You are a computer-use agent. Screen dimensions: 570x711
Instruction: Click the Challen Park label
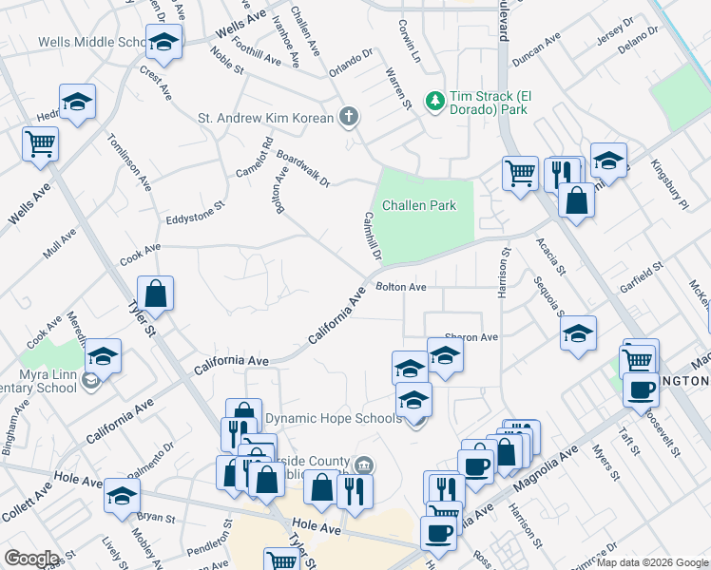418,205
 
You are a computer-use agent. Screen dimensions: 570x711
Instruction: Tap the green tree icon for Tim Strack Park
434,99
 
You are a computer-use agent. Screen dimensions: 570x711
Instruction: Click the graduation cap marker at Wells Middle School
163,43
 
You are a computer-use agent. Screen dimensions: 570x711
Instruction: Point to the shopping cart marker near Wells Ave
41,144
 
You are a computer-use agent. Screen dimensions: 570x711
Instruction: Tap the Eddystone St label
194,212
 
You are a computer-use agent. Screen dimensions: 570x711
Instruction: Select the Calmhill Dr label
371,236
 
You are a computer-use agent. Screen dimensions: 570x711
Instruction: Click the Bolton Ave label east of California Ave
400,286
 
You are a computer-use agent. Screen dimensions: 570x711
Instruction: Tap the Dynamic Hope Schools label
319,418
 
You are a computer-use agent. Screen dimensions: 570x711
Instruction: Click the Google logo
31,559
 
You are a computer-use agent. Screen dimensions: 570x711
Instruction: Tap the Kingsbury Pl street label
668,181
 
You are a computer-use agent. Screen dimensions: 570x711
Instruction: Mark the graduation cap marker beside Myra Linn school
103,357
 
